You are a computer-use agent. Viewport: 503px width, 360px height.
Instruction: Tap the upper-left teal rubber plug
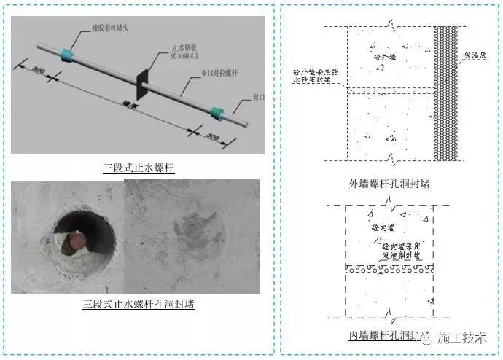pos(70,53)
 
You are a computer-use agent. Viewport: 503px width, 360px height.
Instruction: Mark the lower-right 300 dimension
pos(212,136)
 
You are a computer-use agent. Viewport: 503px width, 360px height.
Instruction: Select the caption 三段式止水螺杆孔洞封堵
pos(138,303)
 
